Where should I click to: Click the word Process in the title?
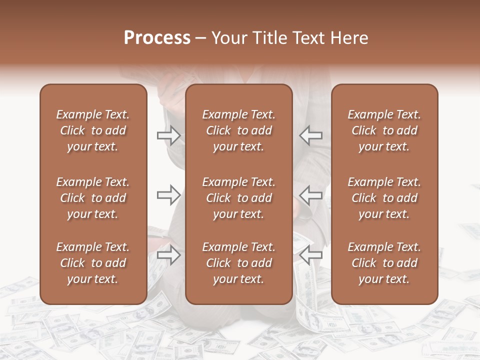[157, 38]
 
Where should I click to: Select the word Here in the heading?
[350, 38]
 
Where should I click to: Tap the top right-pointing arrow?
[168, 135]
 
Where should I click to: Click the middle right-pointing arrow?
[168, 194]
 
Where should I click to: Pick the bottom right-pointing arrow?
[168, 255]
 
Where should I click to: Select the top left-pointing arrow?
[310, 135]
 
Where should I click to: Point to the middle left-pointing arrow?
[310, 194]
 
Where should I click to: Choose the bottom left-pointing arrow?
[310, 254]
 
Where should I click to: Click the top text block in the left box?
[93, 130]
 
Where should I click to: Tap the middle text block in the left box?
[93, 198]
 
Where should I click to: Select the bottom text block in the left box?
[93, 263]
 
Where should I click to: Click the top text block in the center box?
[239, 130]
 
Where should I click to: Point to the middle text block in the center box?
[239, 198]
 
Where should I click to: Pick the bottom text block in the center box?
[239, 263]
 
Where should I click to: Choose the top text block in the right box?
[384, 130]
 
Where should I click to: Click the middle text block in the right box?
[384, 198]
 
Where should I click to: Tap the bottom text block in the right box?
[384, 263]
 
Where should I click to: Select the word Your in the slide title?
[228, 38]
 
